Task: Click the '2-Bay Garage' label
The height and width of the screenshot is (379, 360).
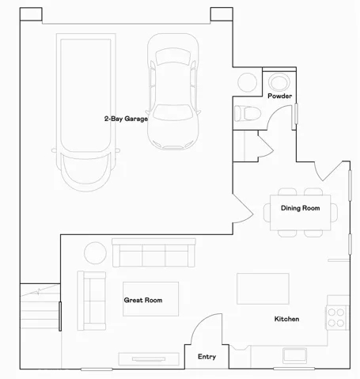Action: tap(126, 119)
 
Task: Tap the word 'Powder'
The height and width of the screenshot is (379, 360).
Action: tap(279, 96)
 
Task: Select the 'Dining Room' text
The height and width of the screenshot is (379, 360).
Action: tap(300, 208)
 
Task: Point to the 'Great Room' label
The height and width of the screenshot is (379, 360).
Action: tap(142, 301)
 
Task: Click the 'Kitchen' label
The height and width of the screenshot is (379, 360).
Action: tap(286, 319)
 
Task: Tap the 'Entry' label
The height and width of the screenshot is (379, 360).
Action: tap(206, 357)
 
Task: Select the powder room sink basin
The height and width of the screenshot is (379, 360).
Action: tap(279, 81)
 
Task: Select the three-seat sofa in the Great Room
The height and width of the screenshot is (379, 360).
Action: tap(153, 253)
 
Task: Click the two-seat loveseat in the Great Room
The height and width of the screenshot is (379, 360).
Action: tap(91, 301)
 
